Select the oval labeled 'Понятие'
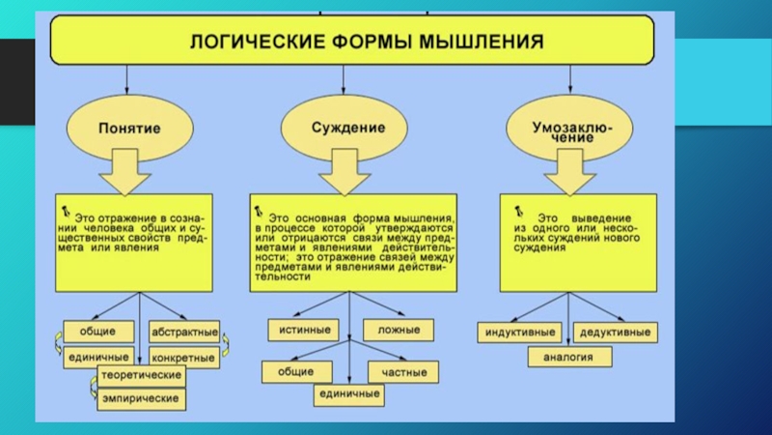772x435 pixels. point(127,127)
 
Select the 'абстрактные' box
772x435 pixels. point(184,330)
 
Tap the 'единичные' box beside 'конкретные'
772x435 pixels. point(98,357)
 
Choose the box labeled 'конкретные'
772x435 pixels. point(184,357)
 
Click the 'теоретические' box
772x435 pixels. point(143,374)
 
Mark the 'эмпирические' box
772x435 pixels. point(143,397)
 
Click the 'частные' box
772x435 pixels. point(403,370)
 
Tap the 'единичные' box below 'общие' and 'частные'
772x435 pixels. point(348,394)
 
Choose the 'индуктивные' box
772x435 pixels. point(520,333)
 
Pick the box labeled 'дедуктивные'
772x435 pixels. point(615,333)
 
